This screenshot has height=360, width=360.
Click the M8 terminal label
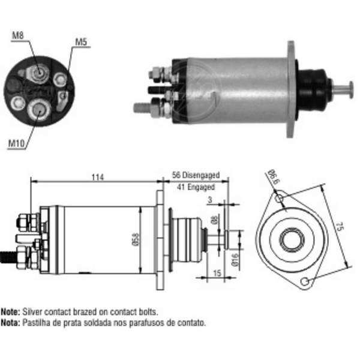click(17, 35)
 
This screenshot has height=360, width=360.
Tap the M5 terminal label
click(81, 42)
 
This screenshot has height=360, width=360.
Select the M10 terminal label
click(16, 143)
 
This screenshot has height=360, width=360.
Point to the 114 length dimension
click(98, 177)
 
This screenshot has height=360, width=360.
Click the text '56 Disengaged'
click(196, 175)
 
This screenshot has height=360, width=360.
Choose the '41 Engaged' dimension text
click(196, 187)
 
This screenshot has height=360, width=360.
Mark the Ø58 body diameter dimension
click(136, 239)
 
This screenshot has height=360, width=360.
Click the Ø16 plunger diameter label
click(235, 260)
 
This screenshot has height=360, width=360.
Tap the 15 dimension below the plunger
click(217, 273)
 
